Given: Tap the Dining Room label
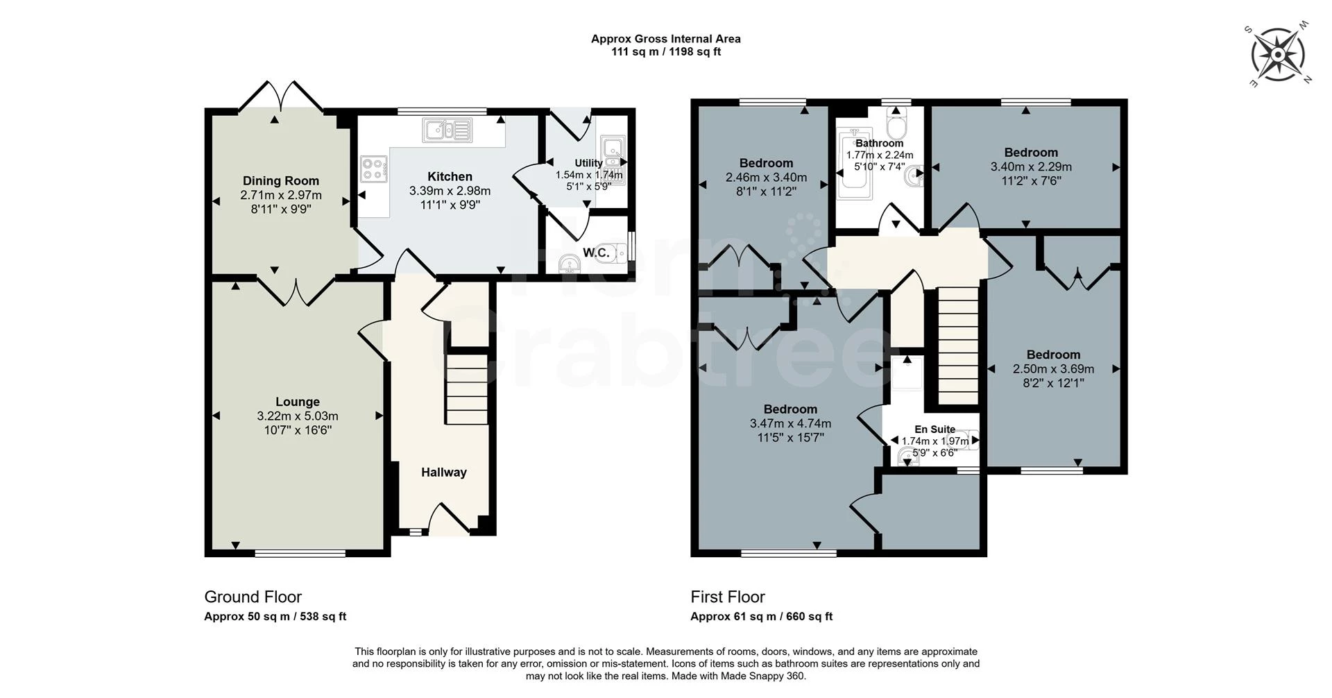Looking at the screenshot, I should (x=281, y=181).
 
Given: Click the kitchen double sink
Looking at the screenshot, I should (x=447, y=129).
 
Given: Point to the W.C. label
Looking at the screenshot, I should (x=596, y=253).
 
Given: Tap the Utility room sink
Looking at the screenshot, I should (x=612, y=148).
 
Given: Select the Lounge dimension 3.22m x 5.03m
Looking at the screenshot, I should (x=298, y=416).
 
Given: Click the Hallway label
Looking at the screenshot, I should (x=444, y=473).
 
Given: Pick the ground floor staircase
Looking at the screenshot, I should (x=466, y=389).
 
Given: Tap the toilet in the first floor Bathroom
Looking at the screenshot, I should (x=897, y=126).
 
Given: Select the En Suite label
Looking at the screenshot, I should (x=934, y=429).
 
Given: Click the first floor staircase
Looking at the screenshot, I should (x=958, y=347).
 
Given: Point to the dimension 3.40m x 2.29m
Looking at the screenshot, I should (x=1031, y=167).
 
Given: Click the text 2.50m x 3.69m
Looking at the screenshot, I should (x=1053, y=369).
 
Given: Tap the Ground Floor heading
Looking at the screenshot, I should (x=253, y=597).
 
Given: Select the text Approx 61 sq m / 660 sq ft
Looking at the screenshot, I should (x=761, y=616).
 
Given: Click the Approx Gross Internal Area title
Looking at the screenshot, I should (x=665, y=40).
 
